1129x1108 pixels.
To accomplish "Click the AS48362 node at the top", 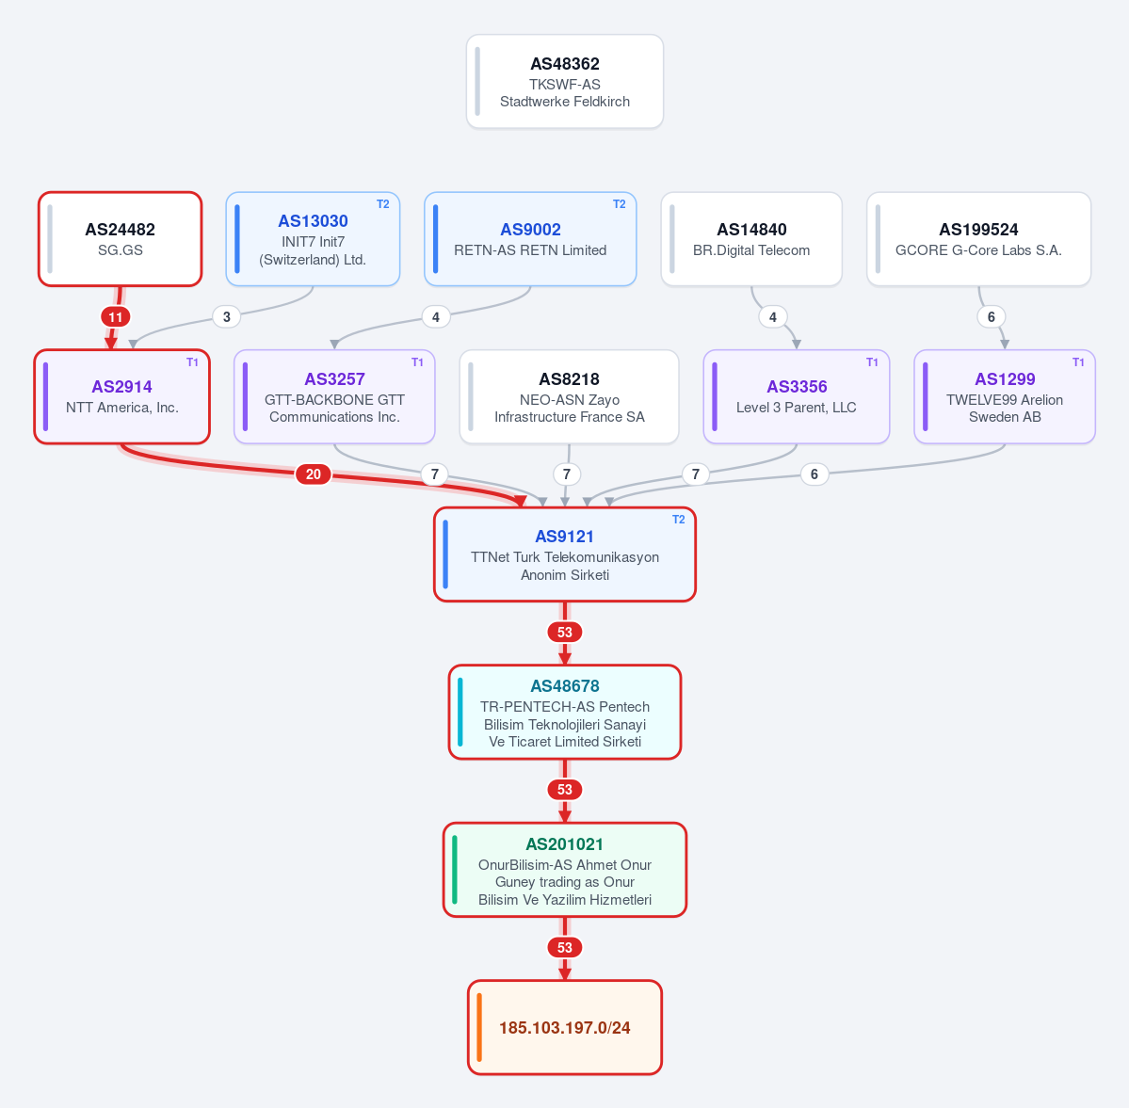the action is coord(565,81).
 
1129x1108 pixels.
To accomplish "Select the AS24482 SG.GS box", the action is coord(121,239).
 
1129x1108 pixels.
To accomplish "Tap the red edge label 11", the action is coord(115,317).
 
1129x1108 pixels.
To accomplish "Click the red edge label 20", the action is coord(314,474).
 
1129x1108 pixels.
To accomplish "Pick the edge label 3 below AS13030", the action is coord(227,317).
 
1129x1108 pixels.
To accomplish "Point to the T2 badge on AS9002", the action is coord(620,204).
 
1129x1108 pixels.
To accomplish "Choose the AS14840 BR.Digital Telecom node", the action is coord(751,239).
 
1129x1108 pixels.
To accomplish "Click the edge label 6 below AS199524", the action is coord(992,317).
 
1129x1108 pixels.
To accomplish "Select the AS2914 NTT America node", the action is coord(122,396).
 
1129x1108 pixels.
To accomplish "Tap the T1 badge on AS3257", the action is coord(418,362).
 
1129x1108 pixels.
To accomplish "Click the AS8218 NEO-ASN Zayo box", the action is coord(569,396).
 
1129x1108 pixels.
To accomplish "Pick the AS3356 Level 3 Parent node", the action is coord(797,396).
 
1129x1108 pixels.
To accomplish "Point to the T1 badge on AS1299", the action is coord(1078,362).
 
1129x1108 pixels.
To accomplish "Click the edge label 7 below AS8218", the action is coord(567,474).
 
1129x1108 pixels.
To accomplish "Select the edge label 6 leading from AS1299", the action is coord(814,474).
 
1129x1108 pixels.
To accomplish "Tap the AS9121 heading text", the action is coord(565,537).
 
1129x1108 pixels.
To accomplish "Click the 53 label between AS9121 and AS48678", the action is coord(565,632).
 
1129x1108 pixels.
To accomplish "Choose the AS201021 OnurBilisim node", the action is coord(565,870).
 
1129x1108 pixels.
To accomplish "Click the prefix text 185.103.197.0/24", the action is coord(565,1027).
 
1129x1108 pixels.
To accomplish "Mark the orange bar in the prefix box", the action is coord(479,1027).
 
